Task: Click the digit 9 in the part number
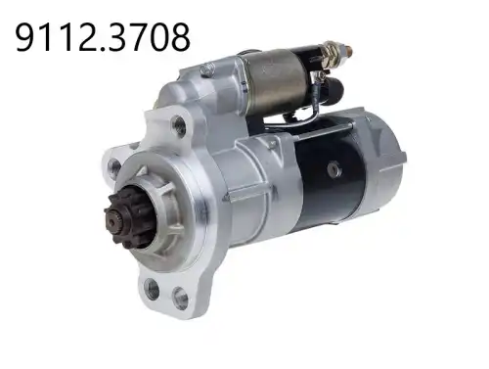coord(26,37)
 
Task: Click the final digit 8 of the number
coord(179,37)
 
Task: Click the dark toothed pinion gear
coord(129,215)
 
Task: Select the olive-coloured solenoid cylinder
coord(276,81)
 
